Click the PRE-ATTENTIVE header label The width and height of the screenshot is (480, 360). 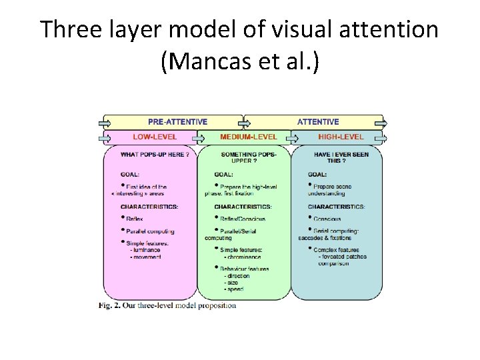(x=177, y=122)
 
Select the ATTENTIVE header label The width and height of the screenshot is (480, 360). (x=318, y=122)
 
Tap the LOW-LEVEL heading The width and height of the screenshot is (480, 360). (x=155, y=137)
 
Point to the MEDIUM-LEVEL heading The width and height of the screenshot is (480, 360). (x=249, y=137)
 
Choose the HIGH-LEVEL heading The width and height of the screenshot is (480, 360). (x=341, y=137)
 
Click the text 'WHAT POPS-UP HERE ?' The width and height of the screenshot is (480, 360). (x=155, y=155)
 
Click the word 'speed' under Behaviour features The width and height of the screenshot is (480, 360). (x=235, y=289)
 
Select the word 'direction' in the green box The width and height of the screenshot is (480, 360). (x=239, y=276)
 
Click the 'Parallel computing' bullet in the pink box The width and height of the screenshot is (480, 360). (x=150, y=231)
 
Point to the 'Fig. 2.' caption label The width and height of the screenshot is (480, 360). (x=111, y=306)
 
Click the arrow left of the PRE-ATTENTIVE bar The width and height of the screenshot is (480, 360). (x=105, y=122)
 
